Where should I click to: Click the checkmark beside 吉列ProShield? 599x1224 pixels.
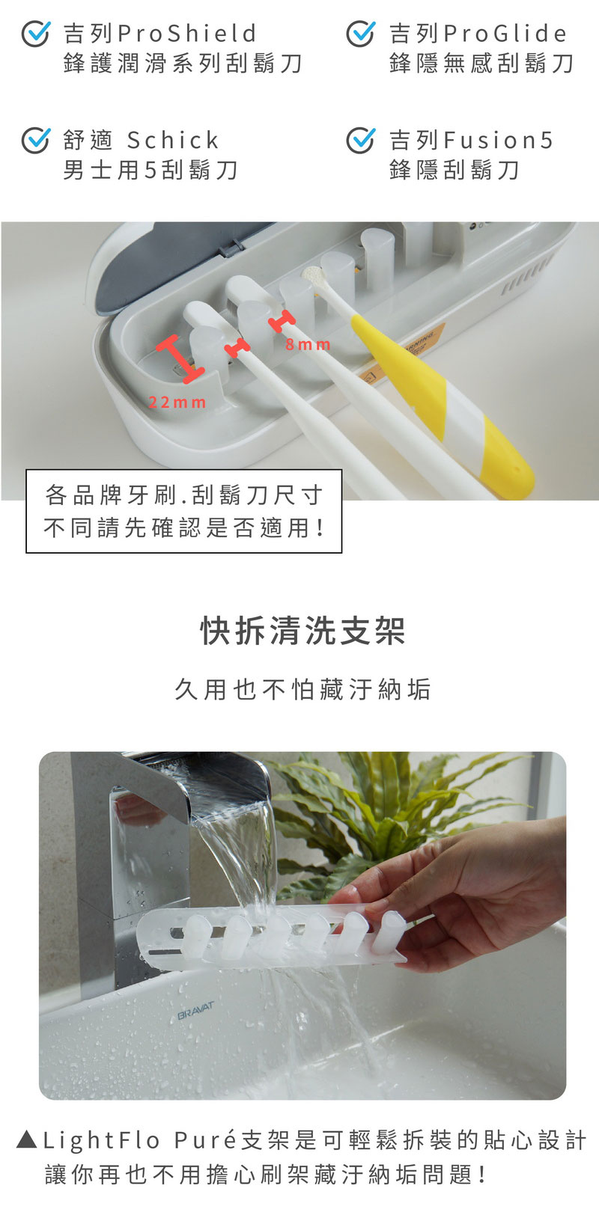point(36,34)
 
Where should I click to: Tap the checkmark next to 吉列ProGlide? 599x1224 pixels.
point(361,34)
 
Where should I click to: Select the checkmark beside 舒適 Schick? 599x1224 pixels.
point(36,140)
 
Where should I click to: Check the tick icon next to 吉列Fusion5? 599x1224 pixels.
point(361,140)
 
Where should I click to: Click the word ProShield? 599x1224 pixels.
point(186,34)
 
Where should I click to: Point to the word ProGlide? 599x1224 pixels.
point(505,34)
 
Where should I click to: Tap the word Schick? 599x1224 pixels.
point(173,140)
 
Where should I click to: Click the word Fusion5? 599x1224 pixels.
point(498,140)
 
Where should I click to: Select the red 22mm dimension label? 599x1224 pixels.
point(177,403)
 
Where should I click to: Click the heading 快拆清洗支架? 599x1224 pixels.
point(302,631)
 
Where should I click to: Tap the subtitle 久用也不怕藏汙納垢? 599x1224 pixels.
point(302,689)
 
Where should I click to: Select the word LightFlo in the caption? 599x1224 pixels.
point(102,1141)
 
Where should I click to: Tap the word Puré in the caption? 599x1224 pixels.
point(205,1140)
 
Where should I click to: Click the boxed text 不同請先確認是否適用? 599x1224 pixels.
point(183,528)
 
